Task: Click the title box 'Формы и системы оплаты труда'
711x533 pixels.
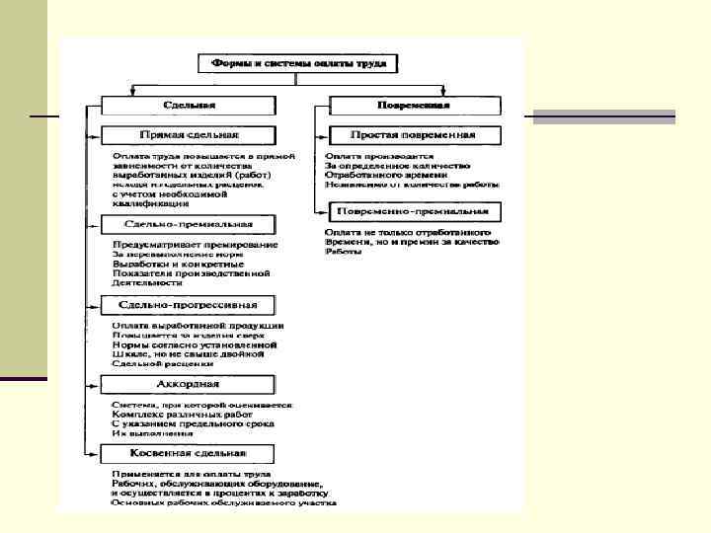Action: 298,64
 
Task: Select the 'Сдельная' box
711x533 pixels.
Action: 187,105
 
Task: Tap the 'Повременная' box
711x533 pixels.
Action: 416,105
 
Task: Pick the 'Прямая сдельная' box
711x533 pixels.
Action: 187,134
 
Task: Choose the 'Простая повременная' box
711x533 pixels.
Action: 414,134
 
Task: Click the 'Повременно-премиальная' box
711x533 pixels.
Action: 414,211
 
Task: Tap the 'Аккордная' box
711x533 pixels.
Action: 188,383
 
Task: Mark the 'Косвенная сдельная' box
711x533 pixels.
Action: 188,453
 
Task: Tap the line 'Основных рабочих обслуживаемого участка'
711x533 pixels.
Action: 224,502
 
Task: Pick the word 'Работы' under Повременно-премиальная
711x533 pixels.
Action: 343,252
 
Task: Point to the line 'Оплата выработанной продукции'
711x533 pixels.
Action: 198,325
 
